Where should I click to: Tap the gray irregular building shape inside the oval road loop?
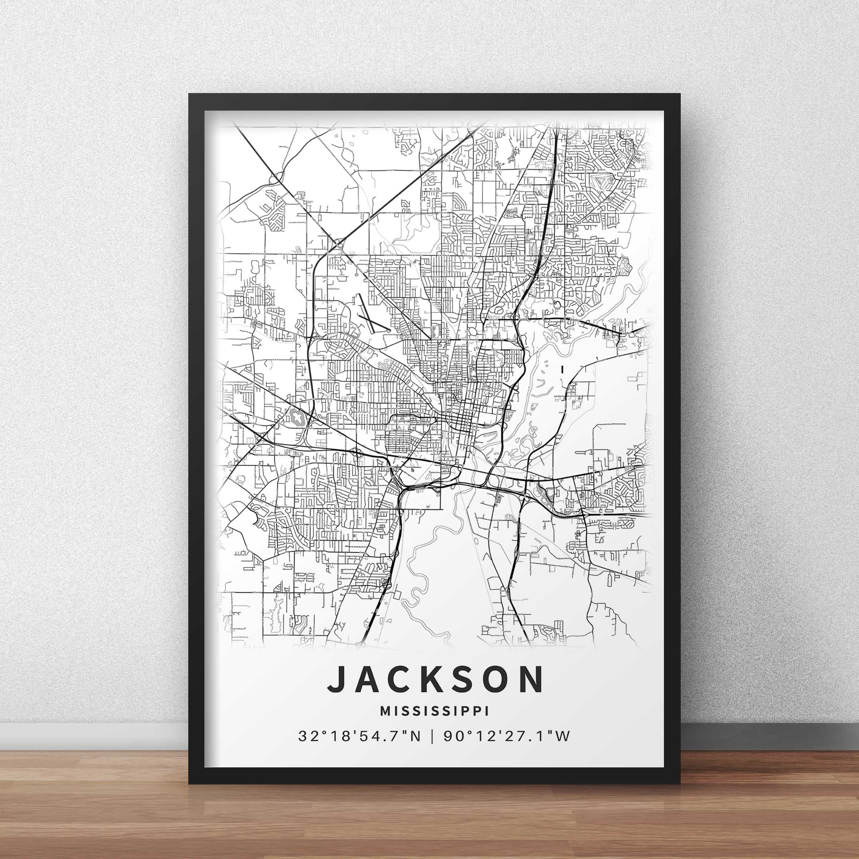point(297,417)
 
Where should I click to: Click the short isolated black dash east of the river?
point(562,369)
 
